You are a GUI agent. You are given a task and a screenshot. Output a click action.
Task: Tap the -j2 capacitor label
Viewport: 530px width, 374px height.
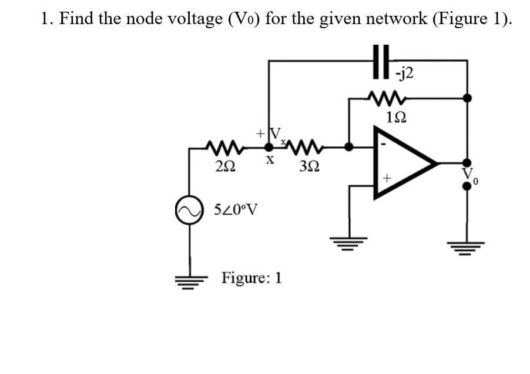click(x=405, y=73)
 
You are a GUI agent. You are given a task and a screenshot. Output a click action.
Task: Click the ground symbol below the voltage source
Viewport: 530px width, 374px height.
click(x=190, y=281)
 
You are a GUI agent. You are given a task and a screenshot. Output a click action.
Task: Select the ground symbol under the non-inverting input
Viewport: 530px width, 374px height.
click(x=351, y=242)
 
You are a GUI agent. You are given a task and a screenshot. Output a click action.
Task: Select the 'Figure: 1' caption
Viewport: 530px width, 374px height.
click(x=251, y=277)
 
